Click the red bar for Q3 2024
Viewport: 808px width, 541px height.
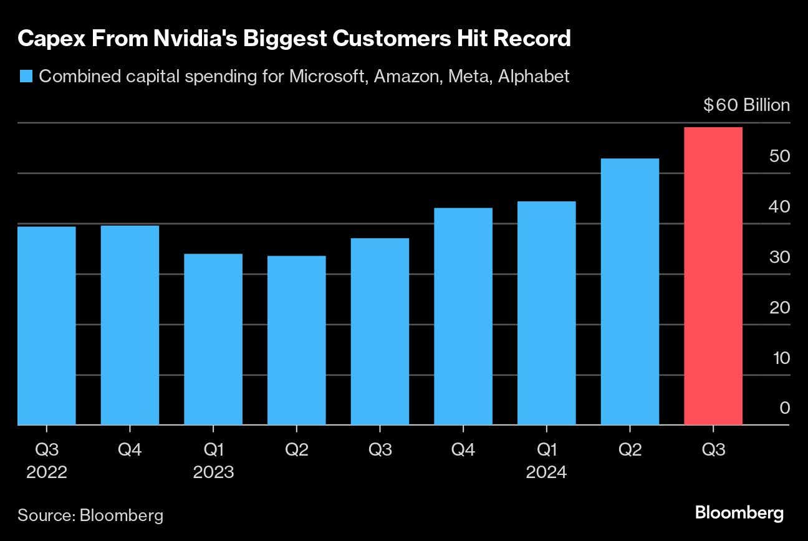tap(713, 276)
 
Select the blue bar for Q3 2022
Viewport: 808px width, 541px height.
tap(47, 325)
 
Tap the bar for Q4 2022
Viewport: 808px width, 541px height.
tap(130, 325)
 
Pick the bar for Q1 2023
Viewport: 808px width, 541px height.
tap(213, 339)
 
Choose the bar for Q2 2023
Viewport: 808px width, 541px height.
tap(296, 340)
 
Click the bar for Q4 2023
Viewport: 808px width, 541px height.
tap(463, 316)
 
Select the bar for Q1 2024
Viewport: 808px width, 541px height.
tap(546, 313)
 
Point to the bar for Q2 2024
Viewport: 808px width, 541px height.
tap(630, 292)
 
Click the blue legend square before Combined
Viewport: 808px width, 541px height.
tap(26, 77)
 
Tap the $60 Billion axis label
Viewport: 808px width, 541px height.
tap(746, 105)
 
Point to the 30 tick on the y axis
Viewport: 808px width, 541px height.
tap(779, 257)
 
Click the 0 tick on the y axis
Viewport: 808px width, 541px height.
tap(784, 408)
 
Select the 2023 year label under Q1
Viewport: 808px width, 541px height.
tap(213, 472)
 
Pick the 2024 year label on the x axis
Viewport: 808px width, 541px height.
tap(546, 472)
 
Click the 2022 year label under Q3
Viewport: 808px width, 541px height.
tap(47, 472)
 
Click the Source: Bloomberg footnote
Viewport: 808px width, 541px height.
tap(91, 515)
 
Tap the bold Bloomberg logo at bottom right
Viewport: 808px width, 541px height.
tap(739, 514)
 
